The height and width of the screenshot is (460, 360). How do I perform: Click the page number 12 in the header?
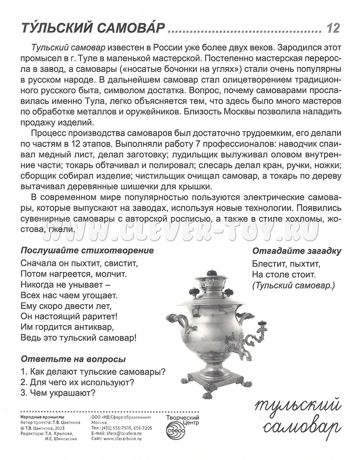333,28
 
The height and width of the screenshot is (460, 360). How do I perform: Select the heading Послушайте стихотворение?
87,250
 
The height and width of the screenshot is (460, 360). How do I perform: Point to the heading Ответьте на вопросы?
73,359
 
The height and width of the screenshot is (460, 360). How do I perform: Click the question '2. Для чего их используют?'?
77,382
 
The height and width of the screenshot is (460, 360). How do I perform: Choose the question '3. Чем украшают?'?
58,393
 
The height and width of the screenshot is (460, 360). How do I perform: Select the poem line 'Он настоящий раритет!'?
70,316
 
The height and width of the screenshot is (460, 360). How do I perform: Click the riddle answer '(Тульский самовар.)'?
293,286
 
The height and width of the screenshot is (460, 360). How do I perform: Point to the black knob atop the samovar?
211,274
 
